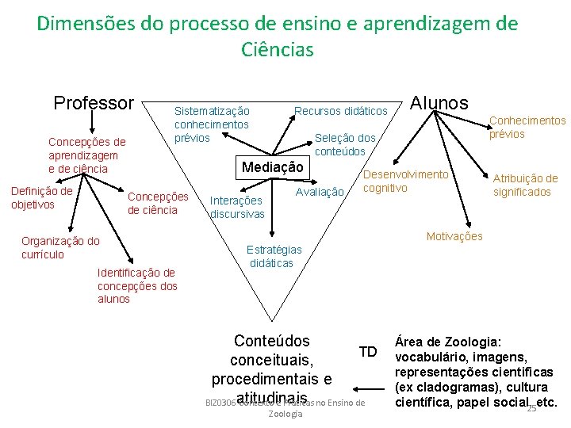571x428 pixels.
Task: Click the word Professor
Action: click(x=94, y=103)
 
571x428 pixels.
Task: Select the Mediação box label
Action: click(x=272, y=167)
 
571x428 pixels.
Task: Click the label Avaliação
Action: click(x=320, y=192)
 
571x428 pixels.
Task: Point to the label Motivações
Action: click(x=454, y=236)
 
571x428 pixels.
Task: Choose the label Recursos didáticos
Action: click(x=340, y=111)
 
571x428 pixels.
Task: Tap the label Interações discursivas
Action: click(x=236, y=208)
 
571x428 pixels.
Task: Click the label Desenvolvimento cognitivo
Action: click(x=405, y=181)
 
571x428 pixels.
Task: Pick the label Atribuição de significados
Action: click(x=525, y=185)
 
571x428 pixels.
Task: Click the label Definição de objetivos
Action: click(x=41, y=197)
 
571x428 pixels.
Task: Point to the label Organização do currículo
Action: click(x=60, y=248)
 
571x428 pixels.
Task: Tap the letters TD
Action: click(x=368, y=352)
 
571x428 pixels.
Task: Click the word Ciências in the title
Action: click(x=278, y=50)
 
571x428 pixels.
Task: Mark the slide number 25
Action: click(x=531, y=407)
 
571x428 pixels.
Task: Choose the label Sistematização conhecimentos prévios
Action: click(x=212, y=124)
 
